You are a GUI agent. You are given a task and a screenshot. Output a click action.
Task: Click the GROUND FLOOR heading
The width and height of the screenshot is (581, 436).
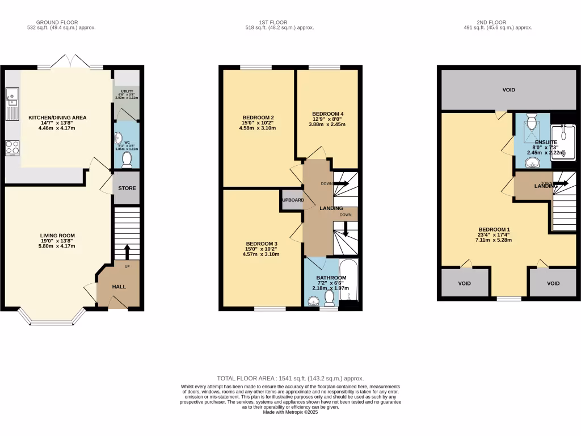tap(62, 23)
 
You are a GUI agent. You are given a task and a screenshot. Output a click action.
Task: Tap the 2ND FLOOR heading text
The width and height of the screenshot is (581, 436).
tap(498, 23)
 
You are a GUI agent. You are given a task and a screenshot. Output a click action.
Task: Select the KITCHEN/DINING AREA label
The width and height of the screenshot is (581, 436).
tap(57, 118)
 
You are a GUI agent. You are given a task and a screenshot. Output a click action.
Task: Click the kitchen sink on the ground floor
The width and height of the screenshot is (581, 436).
tap(11, 105)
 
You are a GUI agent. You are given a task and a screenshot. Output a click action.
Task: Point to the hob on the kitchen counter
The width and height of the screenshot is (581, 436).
tap(12, 148)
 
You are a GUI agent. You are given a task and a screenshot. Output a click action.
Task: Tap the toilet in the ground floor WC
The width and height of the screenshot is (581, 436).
tap(127, 160)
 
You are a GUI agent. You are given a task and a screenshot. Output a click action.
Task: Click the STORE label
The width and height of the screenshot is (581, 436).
tap(127, 188)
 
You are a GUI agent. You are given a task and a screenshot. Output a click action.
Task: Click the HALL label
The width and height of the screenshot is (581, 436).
tap(119, 287)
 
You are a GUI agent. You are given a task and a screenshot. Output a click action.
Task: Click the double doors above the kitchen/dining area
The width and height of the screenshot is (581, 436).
tap(70, 61)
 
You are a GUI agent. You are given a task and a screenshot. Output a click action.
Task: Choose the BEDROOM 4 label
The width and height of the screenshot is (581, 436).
tap(327, 114)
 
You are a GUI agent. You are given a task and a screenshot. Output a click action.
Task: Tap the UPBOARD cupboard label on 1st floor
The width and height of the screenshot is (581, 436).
tap(293, 200)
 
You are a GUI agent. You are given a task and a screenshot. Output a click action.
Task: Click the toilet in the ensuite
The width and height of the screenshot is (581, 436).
tap(532, 121)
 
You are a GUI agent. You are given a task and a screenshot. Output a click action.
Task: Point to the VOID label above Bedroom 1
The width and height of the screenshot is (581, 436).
tap(508, 90)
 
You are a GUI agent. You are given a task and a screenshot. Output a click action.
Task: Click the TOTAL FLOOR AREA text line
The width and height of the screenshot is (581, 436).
tap(290, 378)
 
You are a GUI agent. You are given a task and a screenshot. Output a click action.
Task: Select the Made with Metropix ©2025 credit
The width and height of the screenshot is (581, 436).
tap(290, 412)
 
